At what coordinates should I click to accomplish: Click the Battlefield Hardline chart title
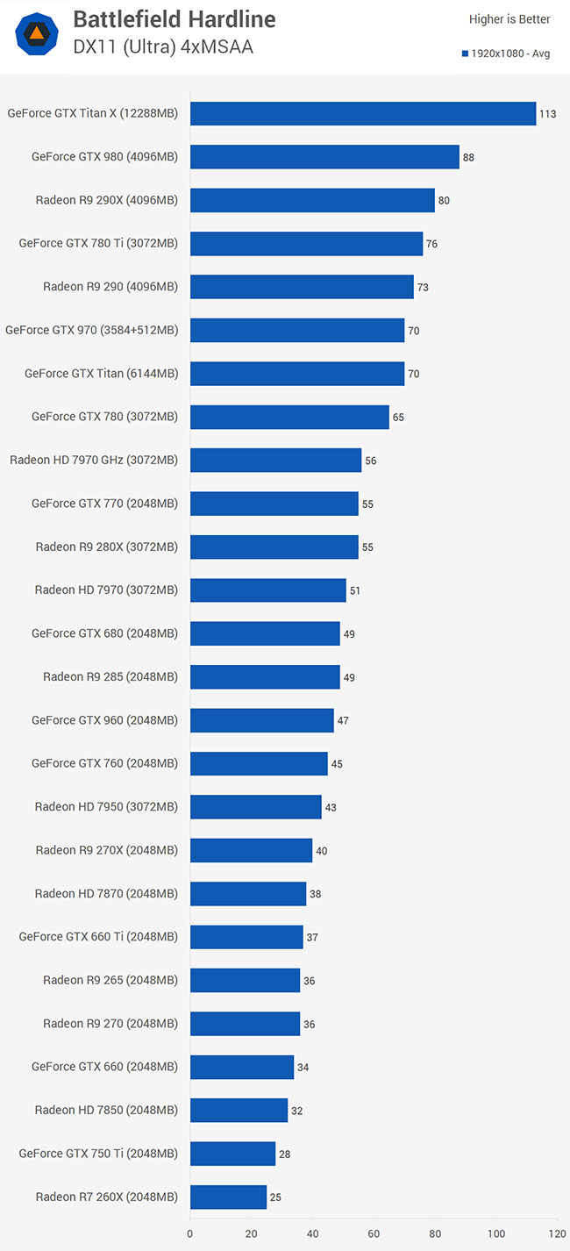point(174,19)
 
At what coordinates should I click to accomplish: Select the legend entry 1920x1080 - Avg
point(506,54)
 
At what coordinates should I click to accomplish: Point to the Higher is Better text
point(509,19)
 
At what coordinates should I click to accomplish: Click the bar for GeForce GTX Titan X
point(362,114)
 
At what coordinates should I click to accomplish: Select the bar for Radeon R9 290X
point(312,200)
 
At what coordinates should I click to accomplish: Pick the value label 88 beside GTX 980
point(468,158)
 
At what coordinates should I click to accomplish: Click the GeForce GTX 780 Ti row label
point(98,244)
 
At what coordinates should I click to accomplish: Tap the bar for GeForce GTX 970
point(297,330)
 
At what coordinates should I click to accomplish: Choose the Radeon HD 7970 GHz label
point(94,460)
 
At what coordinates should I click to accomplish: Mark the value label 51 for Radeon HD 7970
point(355,590)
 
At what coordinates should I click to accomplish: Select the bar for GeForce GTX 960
point(261,720)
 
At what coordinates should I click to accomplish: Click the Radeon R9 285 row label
point(110,676)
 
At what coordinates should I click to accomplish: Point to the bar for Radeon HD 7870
point(248,893)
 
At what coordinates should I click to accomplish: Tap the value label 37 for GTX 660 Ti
point(312,938)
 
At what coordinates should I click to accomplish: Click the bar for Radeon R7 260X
point(228,1197)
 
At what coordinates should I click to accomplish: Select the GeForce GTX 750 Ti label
point(98,1154)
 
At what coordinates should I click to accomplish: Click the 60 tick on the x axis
point(374,1233)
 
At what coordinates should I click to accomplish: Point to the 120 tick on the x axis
point(557,1233)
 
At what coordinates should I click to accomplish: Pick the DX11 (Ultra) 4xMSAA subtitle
point(163,47)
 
